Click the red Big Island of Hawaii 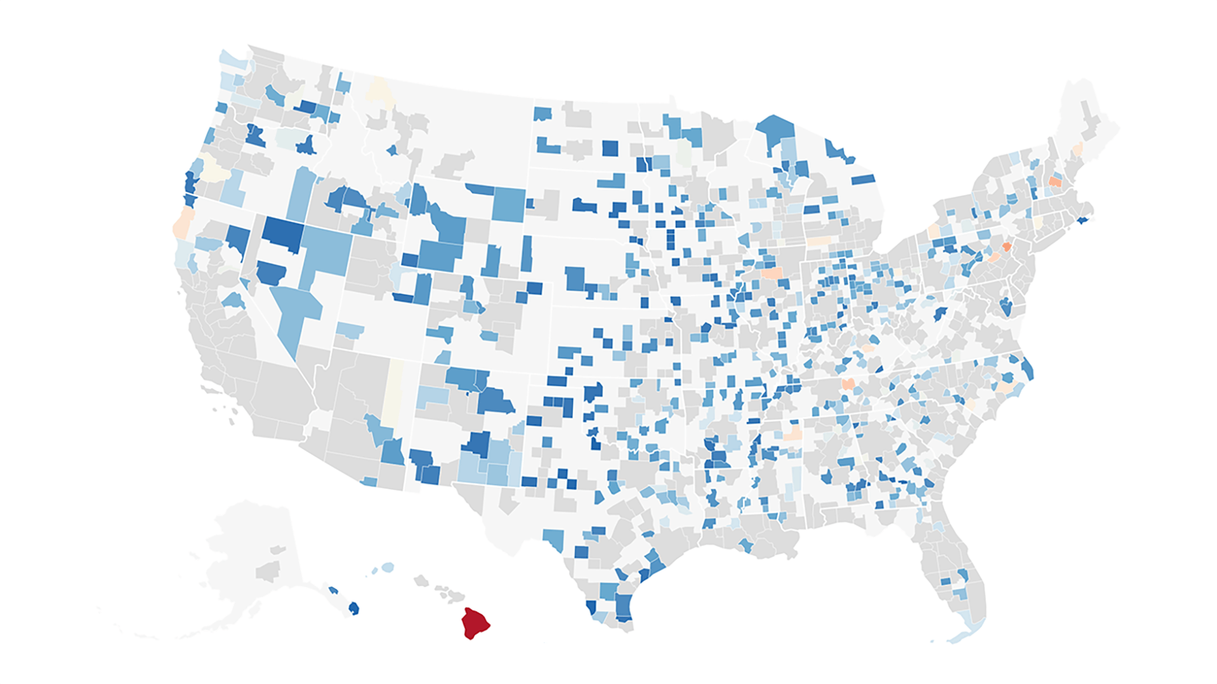pos(474,624)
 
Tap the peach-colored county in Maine pos(1077,150)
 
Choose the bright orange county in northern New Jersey pos(1006,246)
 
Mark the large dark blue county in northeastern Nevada pos(282,232)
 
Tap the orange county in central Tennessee pos(848,384)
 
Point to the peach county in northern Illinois pos(772,273)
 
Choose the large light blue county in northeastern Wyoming pos(509,204)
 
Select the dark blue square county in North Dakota pos(610,148)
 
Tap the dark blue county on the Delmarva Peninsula pos(1006,308)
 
